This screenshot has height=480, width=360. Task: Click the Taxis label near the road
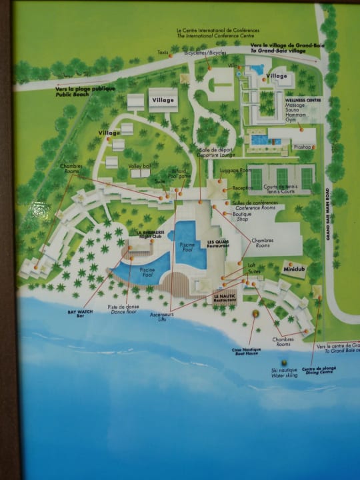click(x=163, y=51)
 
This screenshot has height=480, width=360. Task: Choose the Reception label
click(x=242, y=188)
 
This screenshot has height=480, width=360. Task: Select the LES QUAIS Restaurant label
click(x=219, y=244)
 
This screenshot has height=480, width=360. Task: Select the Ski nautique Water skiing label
click(x=284, y=373)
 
